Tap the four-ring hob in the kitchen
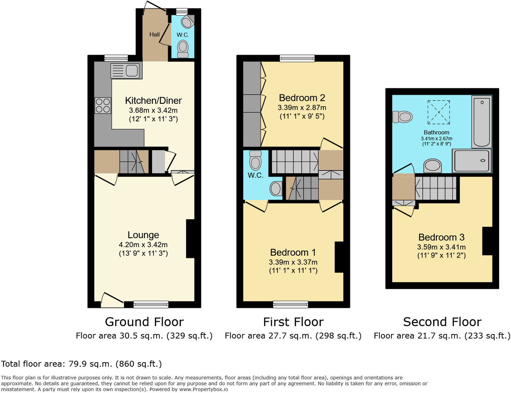103,105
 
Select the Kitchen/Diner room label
153,100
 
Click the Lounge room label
143,235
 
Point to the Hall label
154,35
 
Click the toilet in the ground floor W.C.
183,49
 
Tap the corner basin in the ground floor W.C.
187,22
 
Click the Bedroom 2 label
302,98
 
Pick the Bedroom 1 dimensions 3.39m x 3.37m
293,262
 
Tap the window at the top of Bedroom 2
297,58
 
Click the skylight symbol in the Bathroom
438,112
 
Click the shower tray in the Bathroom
472,161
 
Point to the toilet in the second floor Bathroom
403,116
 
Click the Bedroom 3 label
441,237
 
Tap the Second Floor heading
442,322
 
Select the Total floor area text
81,364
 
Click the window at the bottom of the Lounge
151,304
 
